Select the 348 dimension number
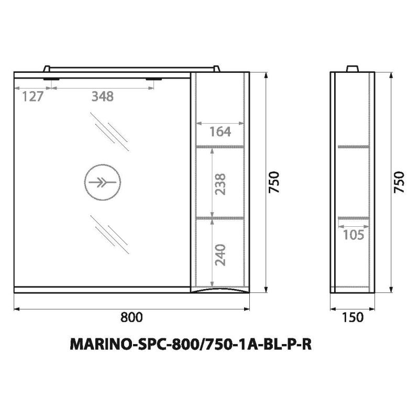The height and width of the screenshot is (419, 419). click(102, 96)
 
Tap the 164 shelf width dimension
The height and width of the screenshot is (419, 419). click(220, 131)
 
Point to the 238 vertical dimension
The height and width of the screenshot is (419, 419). click(220, 183)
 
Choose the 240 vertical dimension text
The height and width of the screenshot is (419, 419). click(220, 254)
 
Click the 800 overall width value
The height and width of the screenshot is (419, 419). click(131, 317)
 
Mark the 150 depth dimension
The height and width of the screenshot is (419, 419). click(353, 317)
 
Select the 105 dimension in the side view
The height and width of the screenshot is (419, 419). click(354, 234)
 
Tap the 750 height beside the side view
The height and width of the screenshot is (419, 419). click(400, 182)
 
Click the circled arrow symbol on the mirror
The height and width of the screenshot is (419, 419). click(103, 183)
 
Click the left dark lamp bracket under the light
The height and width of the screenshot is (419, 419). click(51, 79)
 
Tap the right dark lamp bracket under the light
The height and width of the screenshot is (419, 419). click(153, 79)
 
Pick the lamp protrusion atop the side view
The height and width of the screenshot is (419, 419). click(353, 69)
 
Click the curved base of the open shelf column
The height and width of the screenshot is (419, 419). click(220, 290)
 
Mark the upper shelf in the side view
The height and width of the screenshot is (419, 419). click(353, 147)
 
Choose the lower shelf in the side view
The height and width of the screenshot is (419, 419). click(353, 216)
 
